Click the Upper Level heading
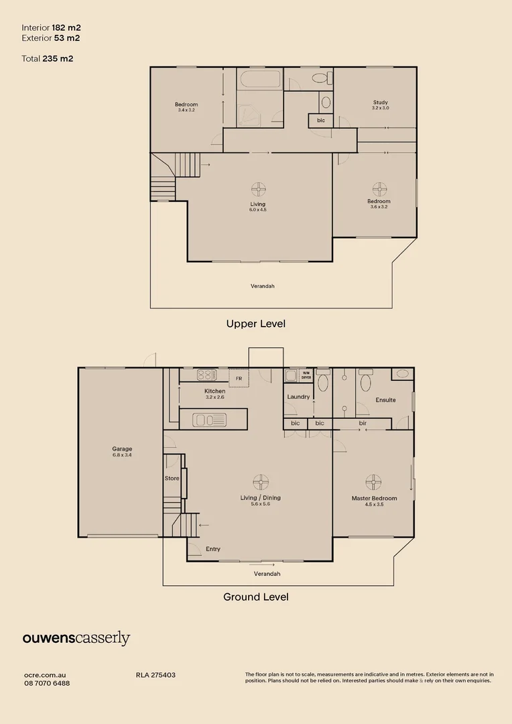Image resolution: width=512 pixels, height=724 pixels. point(255,324)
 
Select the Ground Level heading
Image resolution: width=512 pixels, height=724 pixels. point(255,597)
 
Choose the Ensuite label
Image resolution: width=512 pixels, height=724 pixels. point(385,400)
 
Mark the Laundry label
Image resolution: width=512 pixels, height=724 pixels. point(298,397)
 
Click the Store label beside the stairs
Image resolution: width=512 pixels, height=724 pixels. point(172,479)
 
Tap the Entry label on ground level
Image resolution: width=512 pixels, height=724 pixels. point(213,549)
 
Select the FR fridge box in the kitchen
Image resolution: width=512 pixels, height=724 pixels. point(239,378)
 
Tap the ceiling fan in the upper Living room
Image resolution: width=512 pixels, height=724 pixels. point(258,190)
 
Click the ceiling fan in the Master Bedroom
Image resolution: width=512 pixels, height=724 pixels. point(373,482)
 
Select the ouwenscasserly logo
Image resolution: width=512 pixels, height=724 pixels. point(76,638)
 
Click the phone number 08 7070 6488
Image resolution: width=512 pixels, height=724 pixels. point(47,683)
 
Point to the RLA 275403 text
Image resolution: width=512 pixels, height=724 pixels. point(155,675)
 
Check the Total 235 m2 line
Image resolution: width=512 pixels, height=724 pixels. point(48,58)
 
